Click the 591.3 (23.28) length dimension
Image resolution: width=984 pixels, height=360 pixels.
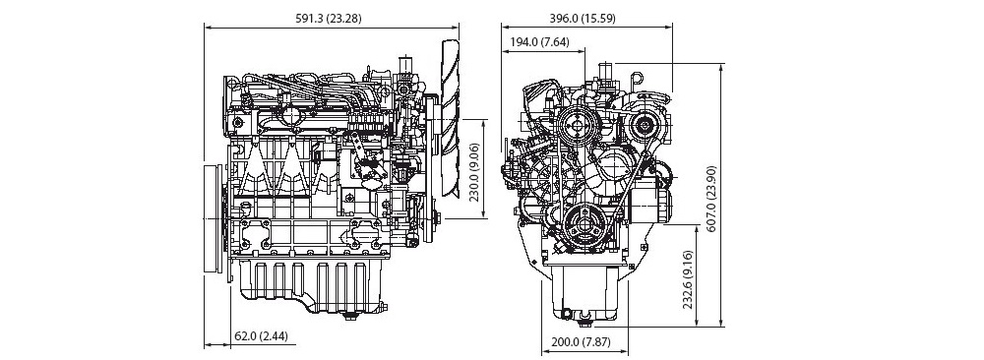point(329,18)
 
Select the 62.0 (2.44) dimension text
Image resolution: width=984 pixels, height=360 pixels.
point(261,336)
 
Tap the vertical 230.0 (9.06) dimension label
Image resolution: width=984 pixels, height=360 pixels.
point(474,169)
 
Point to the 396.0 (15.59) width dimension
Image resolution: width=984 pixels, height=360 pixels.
point(583,18)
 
